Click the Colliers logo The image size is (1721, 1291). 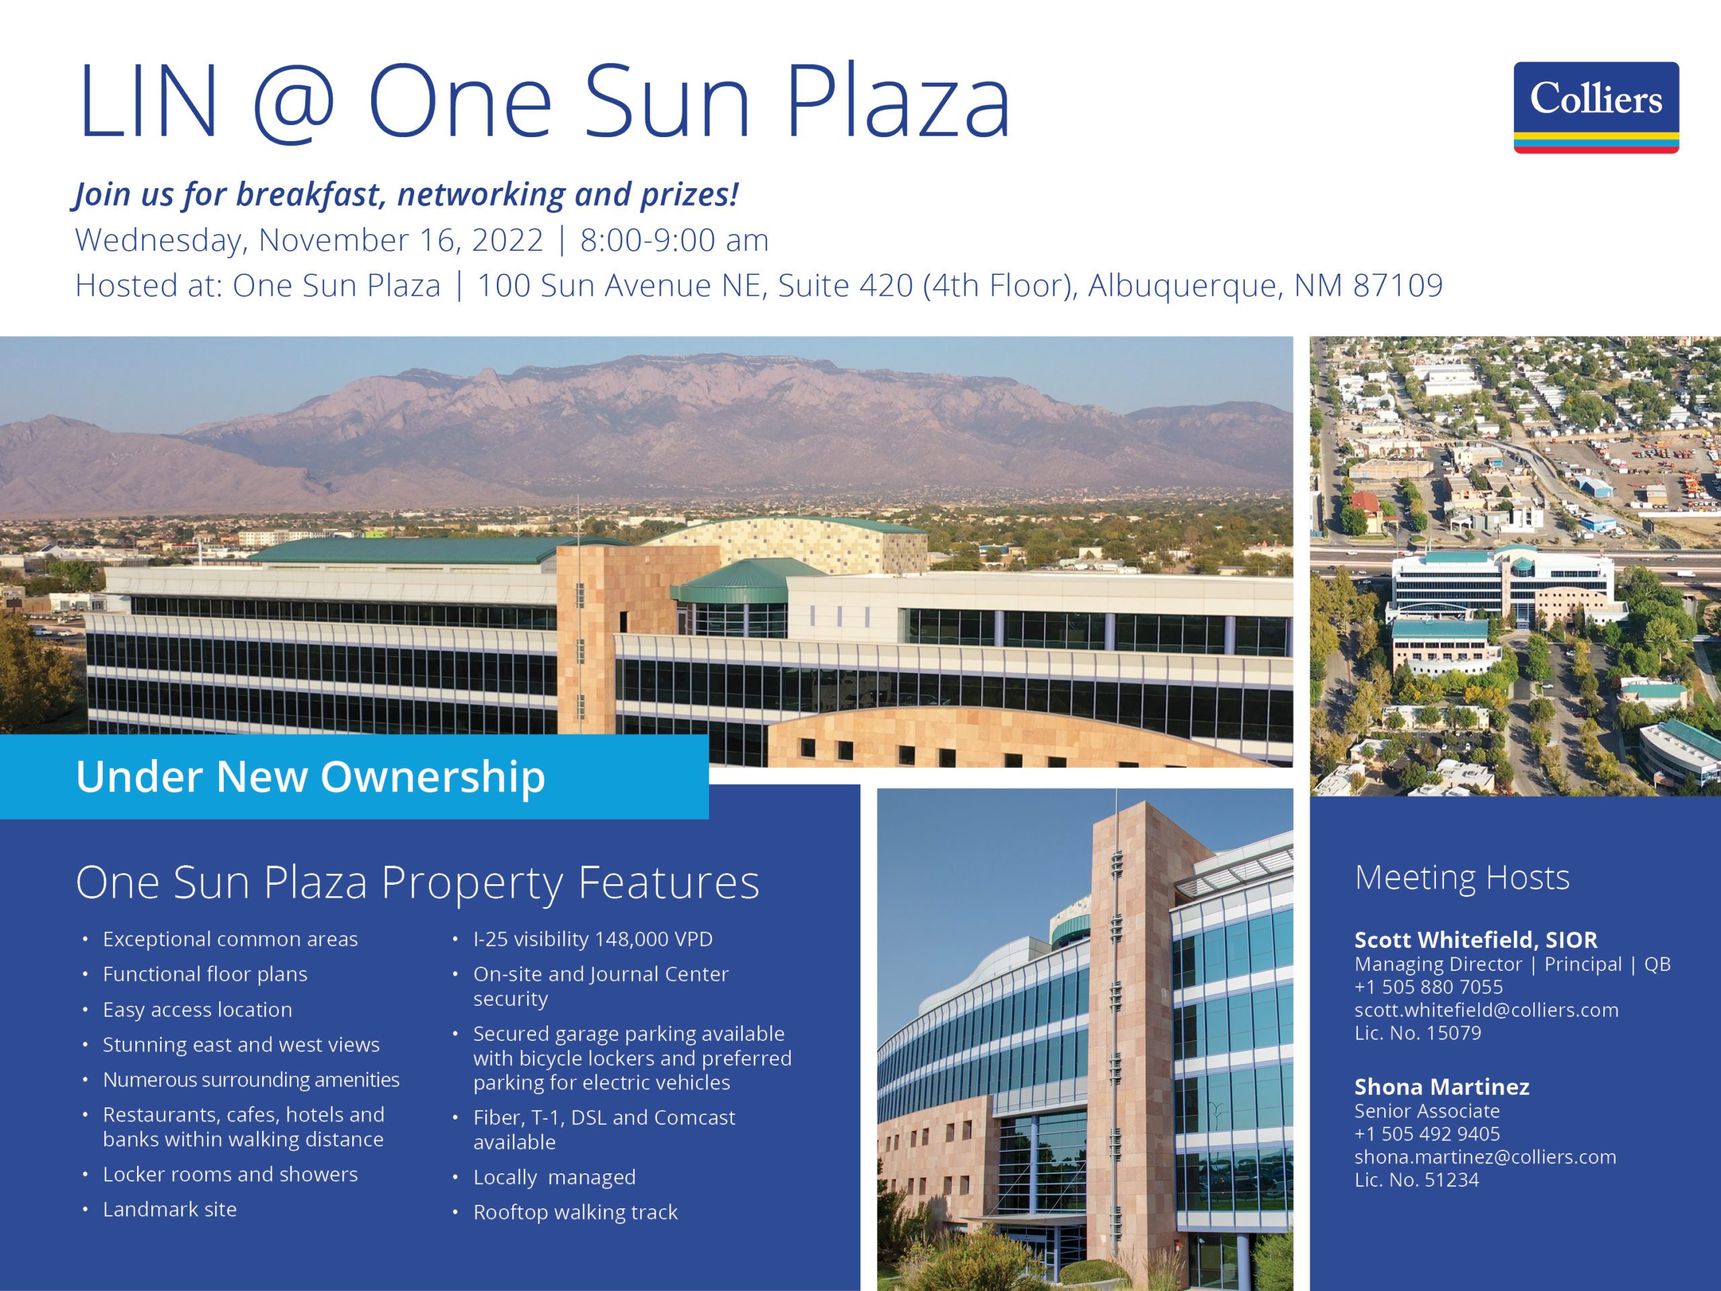(1596, 108)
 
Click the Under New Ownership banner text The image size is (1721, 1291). (311, 777)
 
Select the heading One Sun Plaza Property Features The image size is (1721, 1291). (417, 882)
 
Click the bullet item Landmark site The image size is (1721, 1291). (169, 1208)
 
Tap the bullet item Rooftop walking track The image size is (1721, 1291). (575, 1212)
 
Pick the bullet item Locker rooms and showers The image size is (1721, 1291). (231, 1173)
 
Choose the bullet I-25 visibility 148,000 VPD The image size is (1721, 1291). (593, 939)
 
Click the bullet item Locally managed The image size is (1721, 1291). (555, 1177)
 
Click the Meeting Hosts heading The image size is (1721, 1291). (1462, 877)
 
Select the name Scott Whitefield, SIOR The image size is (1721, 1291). (1476, 940)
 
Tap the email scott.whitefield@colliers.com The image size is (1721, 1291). (1486, 1010)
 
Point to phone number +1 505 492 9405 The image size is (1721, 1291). (1427, 1134)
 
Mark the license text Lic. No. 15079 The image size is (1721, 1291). (1418, 1033)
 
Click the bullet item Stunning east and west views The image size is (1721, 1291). (241, 1044)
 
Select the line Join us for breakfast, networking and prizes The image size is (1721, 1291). (406, 194)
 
